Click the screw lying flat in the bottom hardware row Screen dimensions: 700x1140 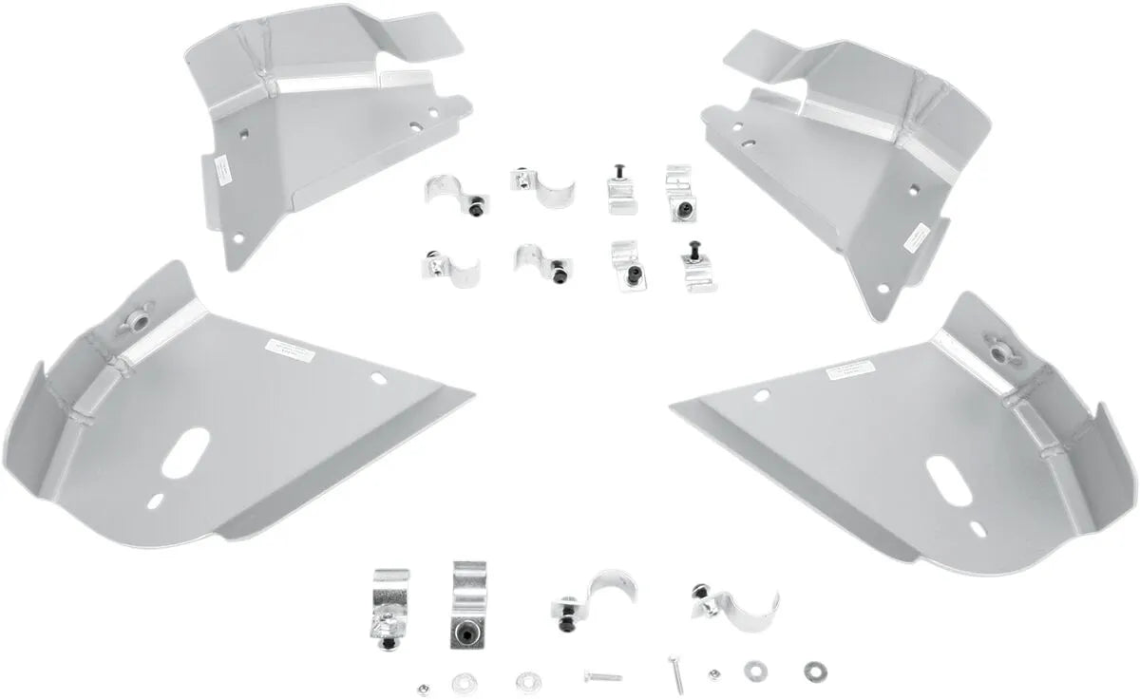(x=602, y=677)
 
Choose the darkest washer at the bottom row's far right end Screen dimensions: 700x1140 (x=813, y=668)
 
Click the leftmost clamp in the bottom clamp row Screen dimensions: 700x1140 (x=389, y=610)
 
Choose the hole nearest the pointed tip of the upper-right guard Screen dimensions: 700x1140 (x=883, y=289)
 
